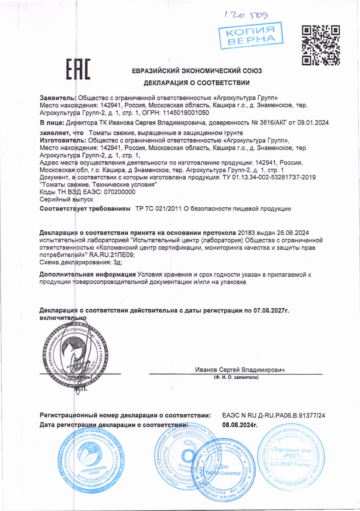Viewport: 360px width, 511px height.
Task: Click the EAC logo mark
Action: (78, 69)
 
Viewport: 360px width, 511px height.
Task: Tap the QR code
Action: (321, 45)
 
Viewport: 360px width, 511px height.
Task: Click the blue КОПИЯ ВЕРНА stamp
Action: (251, 35)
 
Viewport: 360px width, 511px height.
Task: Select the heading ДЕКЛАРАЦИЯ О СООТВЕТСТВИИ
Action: (197, 83)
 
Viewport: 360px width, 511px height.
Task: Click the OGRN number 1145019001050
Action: (186, 113)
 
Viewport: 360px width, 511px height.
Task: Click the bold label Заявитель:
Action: (58, 98)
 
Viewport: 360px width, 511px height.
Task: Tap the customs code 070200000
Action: (119, 192)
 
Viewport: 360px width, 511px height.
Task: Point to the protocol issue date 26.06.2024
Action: (293, 233)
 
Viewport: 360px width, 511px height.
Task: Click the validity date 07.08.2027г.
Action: (271, 311)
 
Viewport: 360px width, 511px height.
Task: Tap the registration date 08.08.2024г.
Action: (240, 425)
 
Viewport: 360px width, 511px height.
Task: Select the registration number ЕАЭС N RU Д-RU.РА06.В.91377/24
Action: (273, 415)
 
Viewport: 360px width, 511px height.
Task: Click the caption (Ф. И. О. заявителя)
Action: (236, 377)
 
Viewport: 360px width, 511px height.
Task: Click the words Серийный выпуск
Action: (66, 200)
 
